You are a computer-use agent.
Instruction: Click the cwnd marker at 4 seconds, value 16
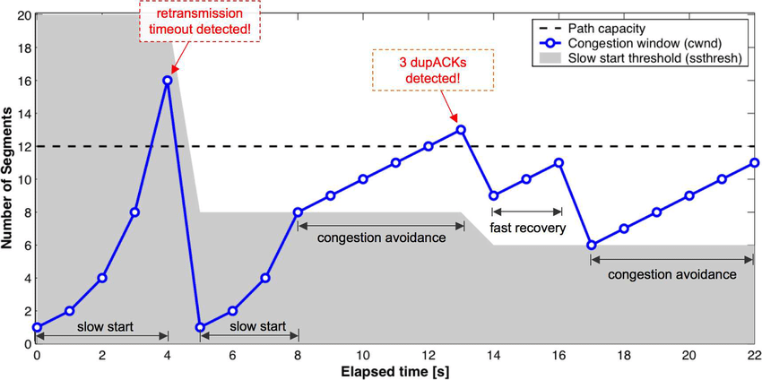[168, 81]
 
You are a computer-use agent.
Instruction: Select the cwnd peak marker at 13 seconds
[461, 130]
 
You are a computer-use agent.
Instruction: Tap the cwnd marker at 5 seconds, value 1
[200, 327]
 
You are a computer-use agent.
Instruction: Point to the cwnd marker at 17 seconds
[592, 245]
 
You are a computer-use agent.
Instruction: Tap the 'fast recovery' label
[526, 229]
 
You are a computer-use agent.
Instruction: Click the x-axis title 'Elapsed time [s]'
[394, 370]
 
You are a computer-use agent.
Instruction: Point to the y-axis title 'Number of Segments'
[8, 179]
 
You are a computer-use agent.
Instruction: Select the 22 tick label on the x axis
[754, 355]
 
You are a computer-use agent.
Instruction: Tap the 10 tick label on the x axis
[363, 355]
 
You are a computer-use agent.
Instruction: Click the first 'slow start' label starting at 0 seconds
[102, 327]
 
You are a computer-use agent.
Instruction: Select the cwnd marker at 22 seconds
[755, 163]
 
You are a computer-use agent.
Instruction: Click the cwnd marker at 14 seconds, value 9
[493, 195]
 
